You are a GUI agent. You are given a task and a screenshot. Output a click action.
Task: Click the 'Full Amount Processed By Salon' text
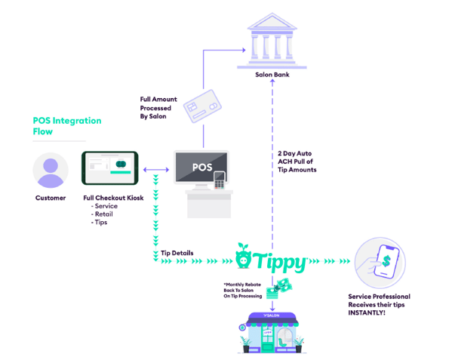pos(158,106)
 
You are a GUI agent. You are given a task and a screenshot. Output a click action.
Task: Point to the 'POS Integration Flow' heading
pos(66,126)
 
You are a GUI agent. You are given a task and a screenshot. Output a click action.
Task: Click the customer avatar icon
pos(51,170)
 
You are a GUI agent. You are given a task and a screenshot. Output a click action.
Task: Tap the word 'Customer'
pos(51,198)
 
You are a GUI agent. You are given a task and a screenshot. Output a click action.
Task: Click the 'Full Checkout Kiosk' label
pos(112,198)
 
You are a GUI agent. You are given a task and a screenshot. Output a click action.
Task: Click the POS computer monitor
pos(201,168)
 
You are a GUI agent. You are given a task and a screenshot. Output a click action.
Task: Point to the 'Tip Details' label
pos(177,253)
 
